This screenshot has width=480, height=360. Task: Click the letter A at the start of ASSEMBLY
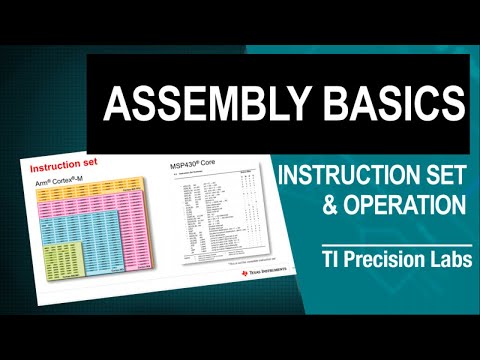(x=116, y=104)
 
